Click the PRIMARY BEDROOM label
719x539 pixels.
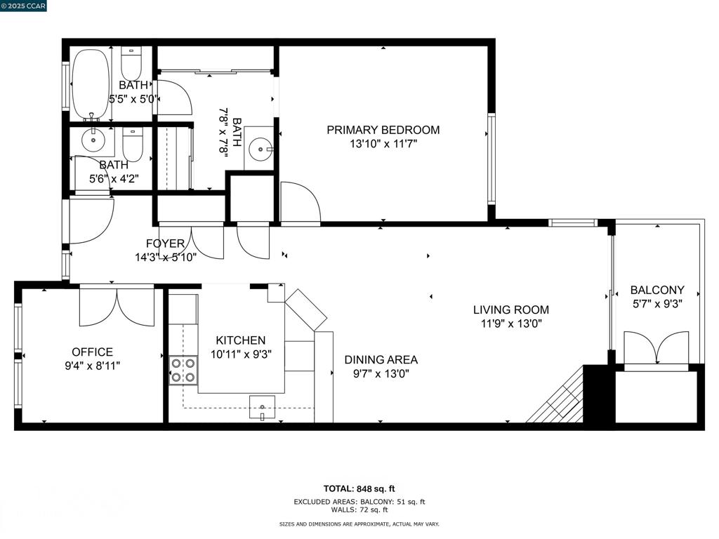(383, 130)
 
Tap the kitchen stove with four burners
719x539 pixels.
(183, 371)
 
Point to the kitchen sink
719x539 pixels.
(263, 407)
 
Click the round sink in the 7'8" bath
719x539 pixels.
(260, 149)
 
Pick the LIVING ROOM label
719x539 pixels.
(511, 310)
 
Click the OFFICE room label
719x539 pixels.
(92, 352)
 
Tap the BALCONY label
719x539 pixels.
(657, 290)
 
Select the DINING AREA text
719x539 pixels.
(381, 360)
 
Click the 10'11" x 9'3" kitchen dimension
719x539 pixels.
(242, 354)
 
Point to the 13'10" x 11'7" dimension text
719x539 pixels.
(383, 144)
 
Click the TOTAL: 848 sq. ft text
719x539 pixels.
(359, 488)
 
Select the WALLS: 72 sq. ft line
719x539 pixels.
(359, 510)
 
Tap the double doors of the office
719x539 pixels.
(117, 306)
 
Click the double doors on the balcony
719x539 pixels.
(657, 349)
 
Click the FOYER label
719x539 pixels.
(165, 244)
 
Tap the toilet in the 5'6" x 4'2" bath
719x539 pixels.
(133, 145)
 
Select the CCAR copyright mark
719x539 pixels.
(23, 6)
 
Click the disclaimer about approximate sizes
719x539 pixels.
(359, 524)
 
